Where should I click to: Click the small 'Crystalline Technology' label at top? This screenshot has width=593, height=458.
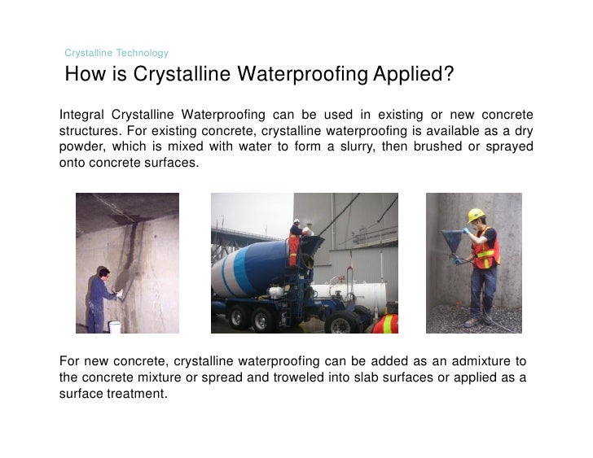click(116, 53)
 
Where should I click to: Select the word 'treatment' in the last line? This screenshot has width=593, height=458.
click(138, 394)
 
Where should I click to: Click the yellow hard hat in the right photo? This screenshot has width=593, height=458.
click(477, 215)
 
